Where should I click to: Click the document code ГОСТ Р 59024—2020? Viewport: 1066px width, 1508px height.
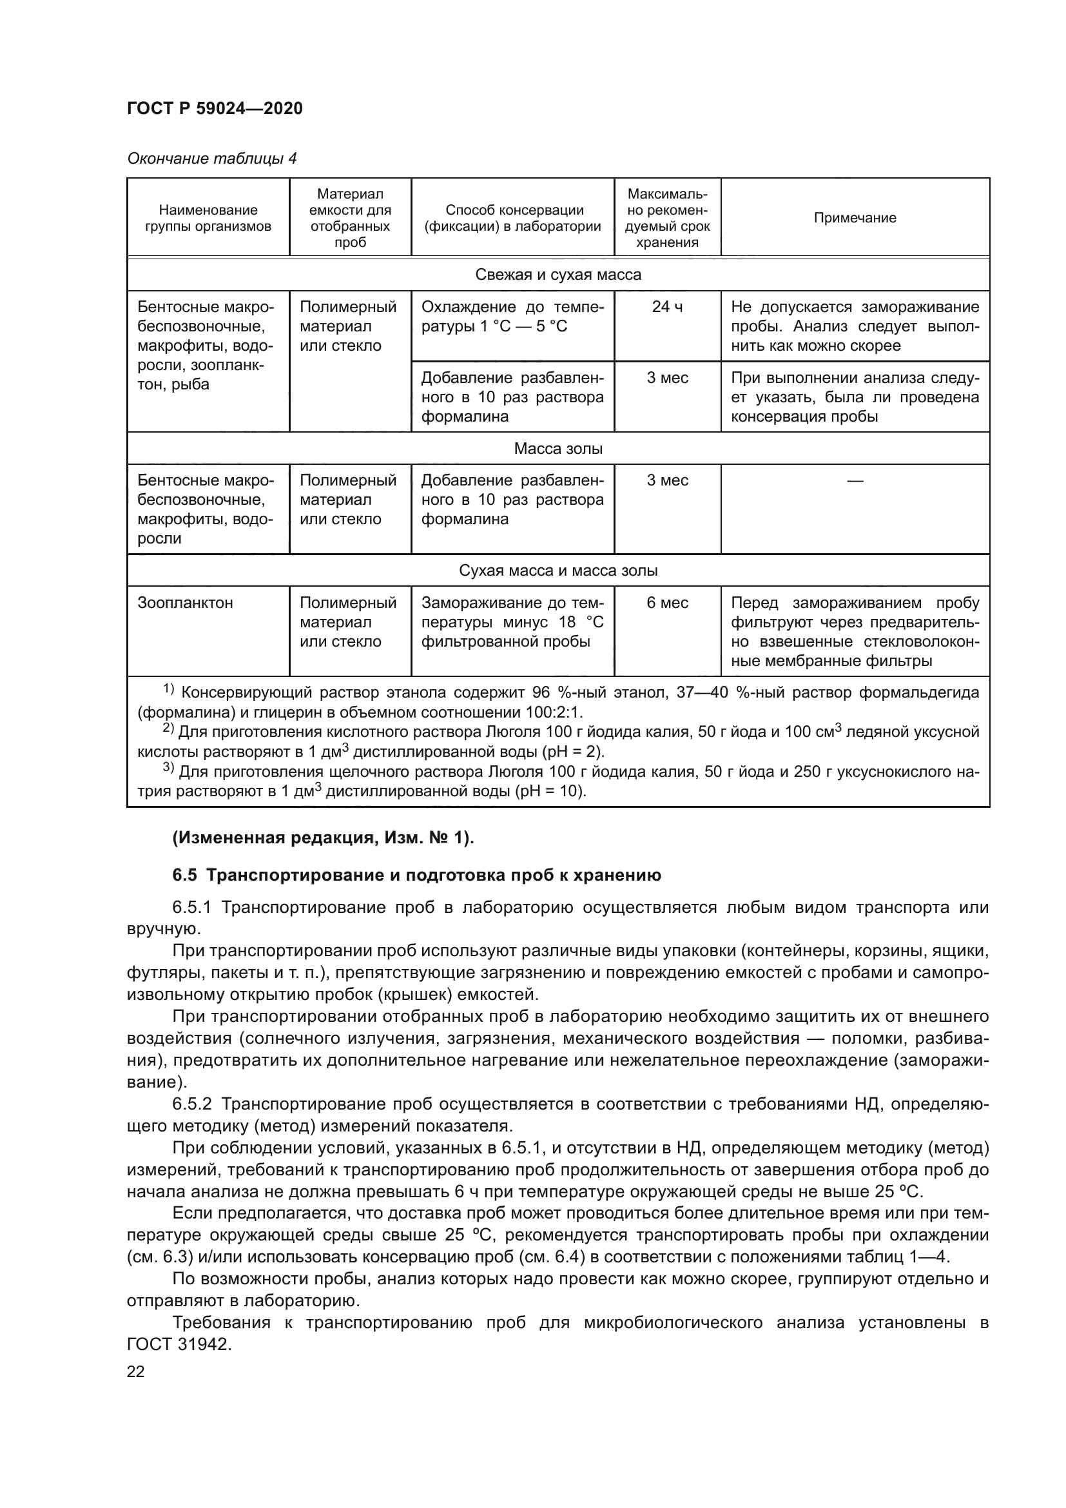(x=215, y=108)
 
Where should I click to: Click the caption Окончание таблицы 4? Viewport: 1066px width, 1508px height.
(x=211, y=159)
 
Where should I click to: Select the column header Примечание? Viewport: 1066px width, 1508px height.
(x=855, y=218)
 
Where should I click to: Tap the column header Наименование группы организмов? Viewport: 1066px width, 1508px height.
(x=208, y=218)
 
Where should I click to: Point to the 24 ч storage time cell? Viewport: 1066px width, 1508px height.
(x=667, y=307)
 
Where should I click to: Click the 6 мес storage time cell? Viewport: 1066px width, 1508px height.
(x=667, y=603)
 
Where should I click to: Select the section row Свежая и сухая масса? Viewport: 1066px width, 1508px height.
(x=558, y=275)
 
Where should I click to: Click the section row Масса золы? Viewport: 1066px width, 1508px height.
(x=558, y=449)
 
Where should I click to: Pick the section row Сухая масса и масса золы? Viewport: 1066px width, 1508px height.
(x=558, y=570)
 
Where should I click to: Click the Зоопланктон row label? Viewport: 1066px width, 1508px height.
(x=185, y=603)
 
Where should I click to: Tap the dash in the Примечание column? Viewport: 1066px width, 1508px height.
(x=855, y=481)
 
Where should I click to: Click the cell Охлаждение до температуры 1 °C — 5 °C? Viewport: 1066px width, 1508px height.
(x=512, y=317)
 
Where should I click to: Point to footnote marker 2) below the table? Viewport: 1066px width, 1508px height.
(x=168, y=729)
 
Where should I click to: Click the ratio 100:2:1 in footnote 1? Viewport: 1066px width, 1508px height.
(x=554, y=712)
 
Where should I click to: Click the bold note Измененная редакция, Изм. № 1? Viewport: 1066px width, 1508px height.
(x=323, y=839)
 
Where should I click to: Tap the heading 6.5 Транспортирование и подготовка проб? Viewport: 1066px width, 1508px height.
(x=417, y=876)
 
